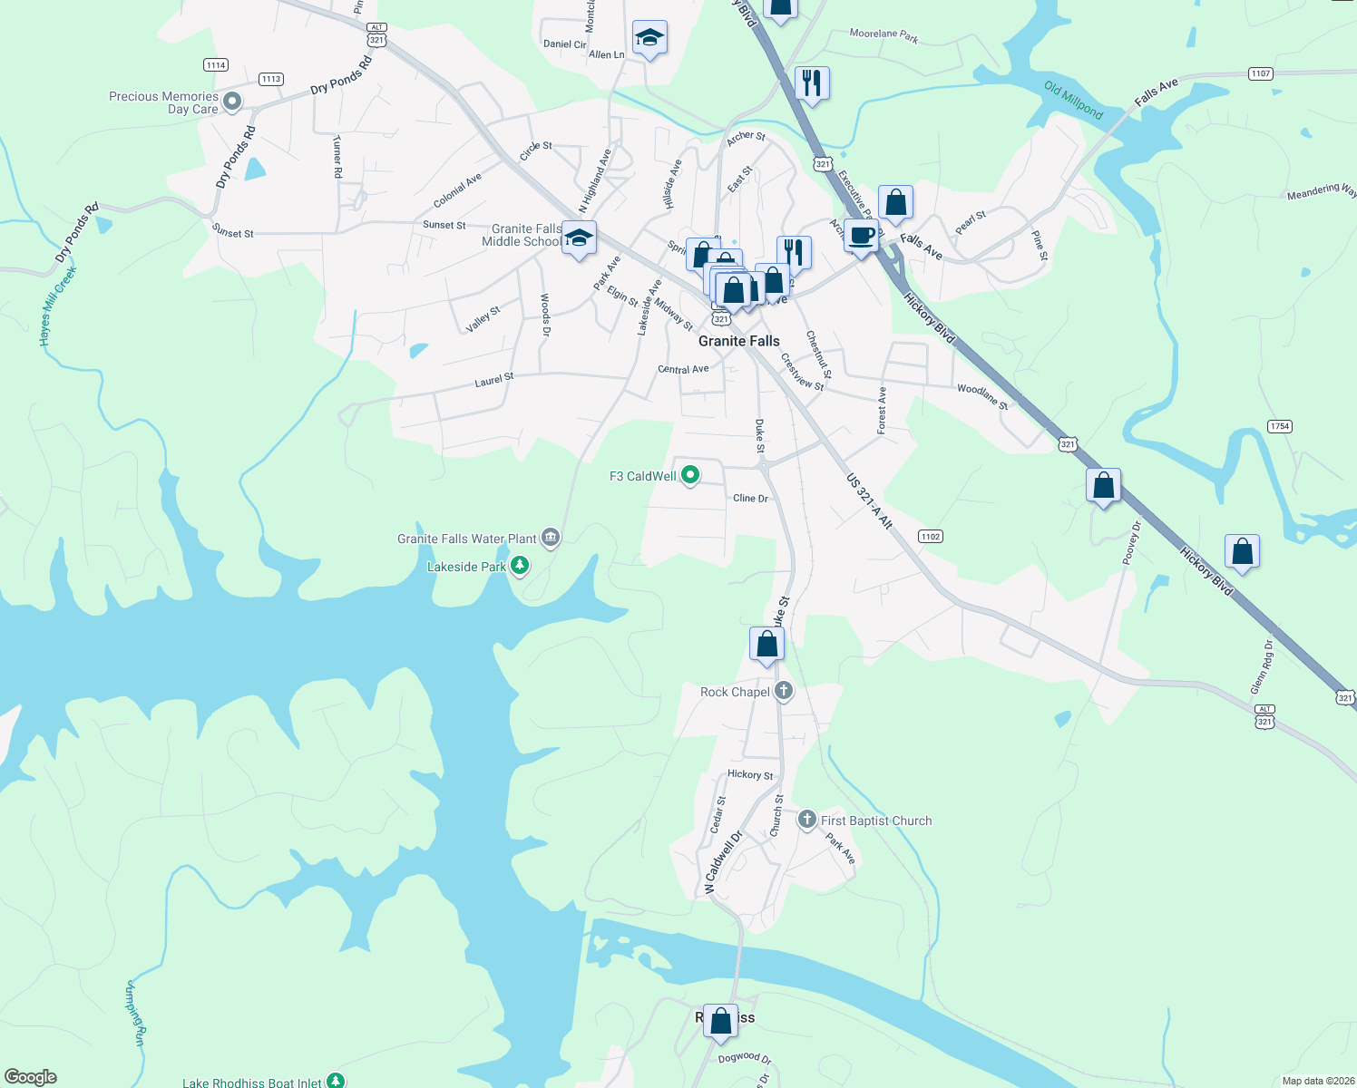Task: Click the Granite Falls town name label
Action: tap(738, 341)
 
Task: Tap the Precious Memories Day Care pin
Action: tap(232, 102)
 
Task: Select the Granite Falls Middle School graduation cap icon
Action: tap(579, 238)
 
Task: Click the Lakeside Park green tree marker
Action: tap(519, 566)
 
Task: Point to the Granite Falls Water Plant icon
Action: tap(550, 538)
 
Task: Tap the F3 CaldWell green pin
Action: tap(690, 474)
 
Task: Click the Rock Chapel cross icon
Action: tap(784, 691)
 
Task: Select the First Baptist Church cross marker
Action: tap(806, 820)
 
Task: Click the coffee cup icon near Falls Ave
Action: tap(861, 236)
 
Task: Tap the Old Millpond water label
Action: tap(1073, 101)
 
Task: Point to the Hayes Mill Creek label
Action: tap(58, 306)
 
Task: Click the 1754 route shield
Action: tap(1280, 426)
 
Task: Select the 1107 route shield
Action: tap(1260, 73)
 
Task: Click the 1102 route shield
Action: tap(930, 536)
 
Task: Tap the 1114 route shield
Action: tap(216, 64)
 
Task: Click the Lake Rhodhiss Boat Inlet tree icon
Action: tap(336, 1080)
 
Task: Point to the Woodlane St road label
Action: tap(982, 396)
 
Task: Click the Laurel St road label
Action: tap(494, 380)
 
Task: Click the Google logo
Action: tap(31, 1076)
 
